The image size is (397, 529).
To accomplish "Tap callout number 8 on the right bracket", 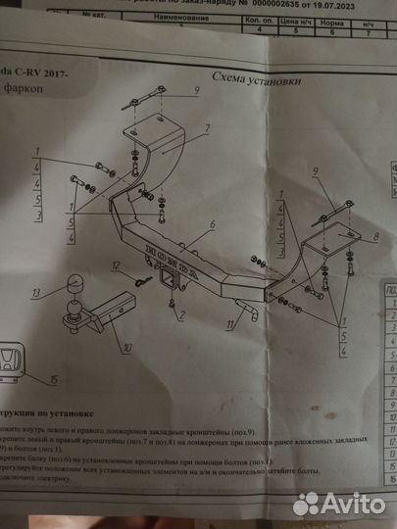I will [x=377, y=236].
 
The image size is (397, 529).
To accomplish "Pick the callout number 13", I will [x=34, y=291].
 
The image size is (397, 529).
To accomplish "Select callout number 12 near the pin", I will [x=115, y=266].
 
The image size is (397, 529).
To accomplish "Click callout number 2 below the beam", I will [x=174, y=315].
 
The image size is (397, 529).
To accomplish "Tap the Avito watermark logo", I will [x=338, y=503].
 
